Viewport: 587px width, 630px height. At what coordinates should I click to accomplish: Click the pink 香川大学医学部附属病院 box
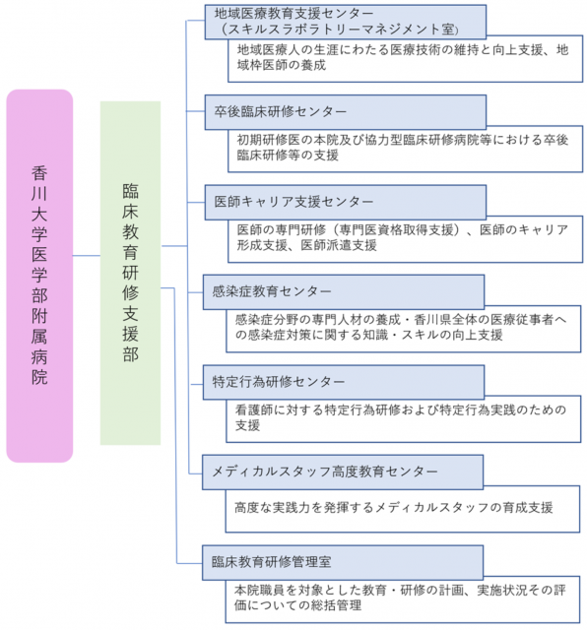tap(39, 276)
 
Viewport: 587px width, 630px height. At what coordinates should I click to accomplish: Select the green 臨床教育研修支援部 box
tap(130, 273)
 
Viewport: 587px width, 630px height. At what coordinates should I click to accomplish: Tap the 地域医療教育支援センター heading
tap(293, 13)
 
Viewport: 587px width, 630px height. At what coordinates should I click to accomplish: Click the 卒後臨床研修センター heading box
tap(346, 112)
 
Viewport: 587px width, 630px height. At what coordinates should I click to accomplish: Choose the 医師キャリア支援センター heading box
tap(346, 202)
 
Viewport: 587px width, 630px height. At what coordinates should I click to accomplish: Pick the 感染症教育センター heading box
tap(344, 292)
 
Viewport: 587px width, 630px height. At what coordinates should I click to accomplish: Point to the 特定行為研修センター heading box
tap(344, 382)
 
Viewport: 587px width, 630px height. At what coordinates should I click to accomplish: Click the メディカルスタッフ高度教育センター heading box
tap(343, 472)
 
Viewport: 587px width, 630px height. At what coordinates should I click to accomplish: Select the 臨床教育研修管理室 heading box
tap(343, 562)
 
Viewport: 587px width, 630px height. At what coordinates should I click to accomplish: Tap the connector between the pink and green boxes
tap(87, 255)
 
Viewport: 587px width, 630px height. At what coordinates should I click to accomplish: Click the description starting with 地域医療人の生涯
tap(403, 57)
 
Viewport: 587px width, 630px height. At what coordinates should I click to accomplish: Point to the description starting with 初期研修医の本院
tap(403, 148)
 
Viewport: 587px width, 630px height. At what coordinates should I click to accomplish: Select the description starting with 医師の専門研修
tap(403, 237)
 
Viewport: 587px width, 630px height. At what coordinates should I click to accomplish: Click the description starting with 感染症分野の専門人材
tap(401, 328)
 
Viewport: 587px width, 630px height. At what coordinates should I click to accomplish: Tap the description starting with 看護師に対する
tap(401, 417)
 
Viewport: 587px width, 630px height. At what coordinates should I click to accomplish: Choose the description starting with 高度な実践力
tap(394, 508)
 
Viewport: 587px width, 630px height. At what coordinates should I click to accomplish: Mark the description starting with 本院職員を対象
tap(400, 598)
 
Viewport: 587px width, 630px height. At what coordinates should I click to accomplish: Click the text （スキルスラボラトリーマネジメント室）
tap(339, 29)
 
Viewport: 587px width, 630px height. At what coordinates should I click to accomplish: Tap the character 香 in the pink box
tap(39, 173)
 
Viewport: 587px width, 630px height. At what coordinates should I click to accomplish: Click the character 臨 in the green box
tap(130, 191)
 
